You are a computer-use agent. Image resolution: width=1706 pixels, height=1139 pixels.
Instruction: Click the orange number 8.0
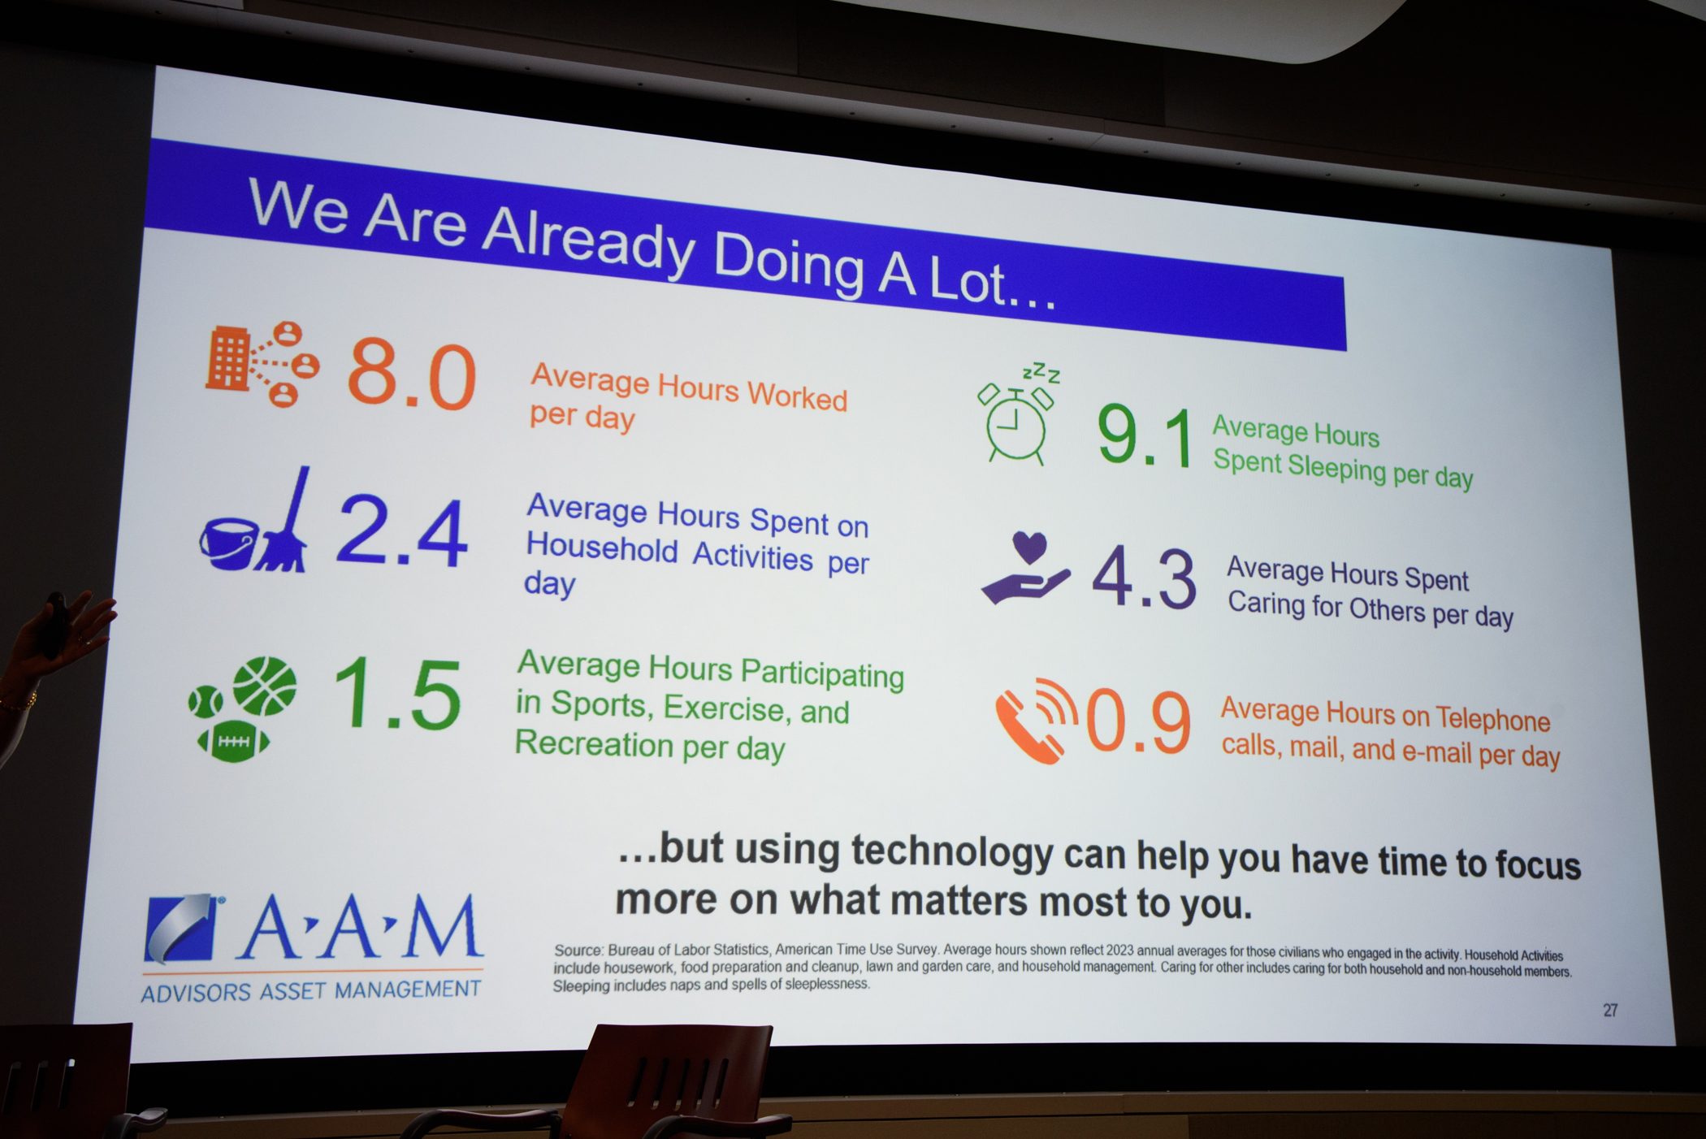click(x=411, y=375)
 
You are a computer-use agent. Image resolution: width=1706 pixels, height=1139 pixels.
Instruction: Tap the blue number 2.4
click(x=401, y=532)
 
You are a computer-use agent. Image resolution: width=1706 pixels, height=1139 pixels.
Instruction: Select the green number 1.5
click(x=397, y=692)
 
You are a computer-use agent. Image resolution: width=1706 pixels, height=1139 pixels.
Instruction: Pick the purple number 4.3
click(x=1144, y=578)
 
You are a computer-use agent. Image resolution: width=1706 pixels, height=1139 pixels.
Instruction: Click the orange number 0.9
click(x=1138, y=721)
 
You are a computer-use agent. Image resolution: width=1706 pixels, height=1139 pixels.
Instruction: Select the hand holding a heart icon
click(x=1025, y=568)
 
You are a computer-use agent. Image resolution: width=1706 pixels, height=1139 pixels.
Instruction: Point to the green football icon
click(x=233, y=742)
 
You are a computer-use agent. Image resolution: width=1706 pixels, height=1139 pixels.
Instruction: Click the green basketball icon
click(x=265, y=686)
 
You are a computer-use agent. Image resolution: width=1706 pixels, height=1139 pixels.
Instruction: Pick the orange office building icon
click(x=227, y=358)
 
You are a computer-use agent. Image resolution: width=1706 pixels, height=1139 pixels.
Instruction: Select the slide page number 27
click(x=1610, y=1010)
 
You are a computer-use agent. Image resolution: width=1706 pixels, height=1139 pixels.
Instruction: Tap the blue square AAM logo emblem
click(x=183, y=929)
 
